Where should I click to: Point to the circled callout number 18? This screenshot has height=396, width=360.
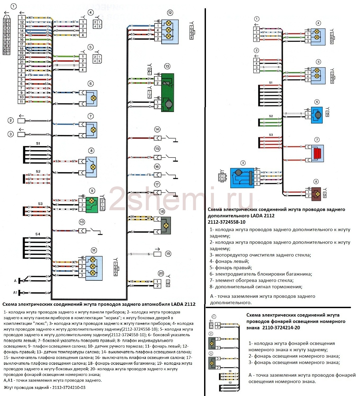pos(162,211)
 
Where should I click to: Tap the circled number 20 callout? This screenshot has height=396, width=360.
pos(161,273)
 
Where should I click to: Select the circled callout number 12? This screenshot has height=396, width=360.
pos(170,13)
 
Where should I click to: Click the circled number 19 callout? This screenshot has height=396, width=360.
pos(168,254)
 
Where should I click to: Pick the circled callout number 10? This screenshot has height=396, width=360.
pos(82,222)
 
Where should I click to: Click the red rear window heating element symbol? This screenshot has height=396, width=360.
pos(317,154)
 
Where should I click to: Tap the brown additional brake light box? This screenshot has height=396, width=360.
pos(316,194)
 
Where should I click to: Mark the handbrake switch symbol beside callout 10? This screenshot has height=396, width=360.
pos(96,231)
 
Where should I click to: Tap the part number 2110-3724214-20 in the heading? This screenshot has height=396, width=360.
pos(281,327)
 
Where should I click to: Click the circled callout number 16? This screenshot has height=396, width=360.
pos(157,167)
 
